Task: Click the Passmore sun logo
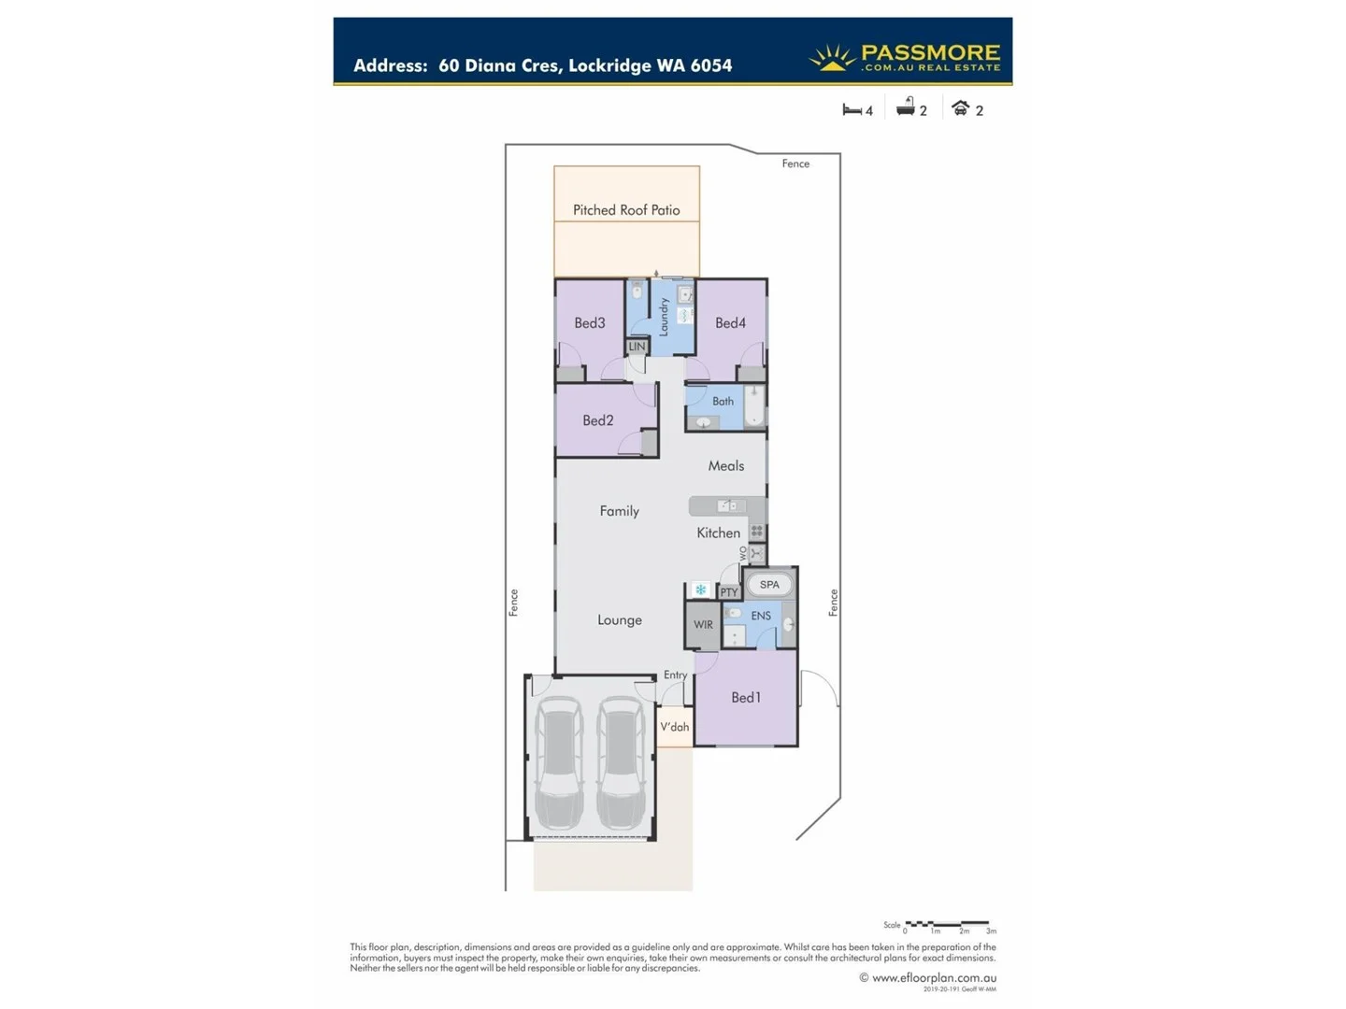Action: click(x=831, y=58)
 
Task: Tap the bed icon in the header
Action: click(x=852, y=109)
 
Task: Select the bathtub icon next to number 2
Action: click(x=905, y=107)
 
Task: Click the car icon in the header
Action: click(x=960, y=108)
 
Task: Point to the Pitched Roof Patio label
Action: click(x=626, y=210)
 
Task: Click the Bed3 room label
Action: click(x=589, y=323)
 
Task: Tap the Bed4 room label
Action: click(x=730, y=323)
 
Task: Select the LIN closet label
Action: click(x=637, y=347)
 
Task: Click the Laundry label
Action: click(x=664, y=317)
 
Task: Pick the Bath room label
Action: click(x=723, y=402)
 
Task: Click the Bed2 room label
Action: click(x=597, y=420)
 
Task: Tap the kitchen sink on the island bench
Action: click(x=726, y=505)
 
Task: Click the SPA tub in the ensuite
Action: click(x=769, y=585)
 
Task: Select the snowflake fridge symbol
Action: click(x=700, y=590)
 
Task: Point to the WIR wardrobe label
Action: click(x=703, y=625)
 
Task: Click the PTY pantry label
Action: click(x=729, y=592)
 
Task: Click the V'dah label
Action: click(x=674, y=727)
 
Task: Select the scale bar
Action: click(x=947, y=924)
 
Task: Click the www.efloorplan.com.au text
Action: click(x=934, y=978)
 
